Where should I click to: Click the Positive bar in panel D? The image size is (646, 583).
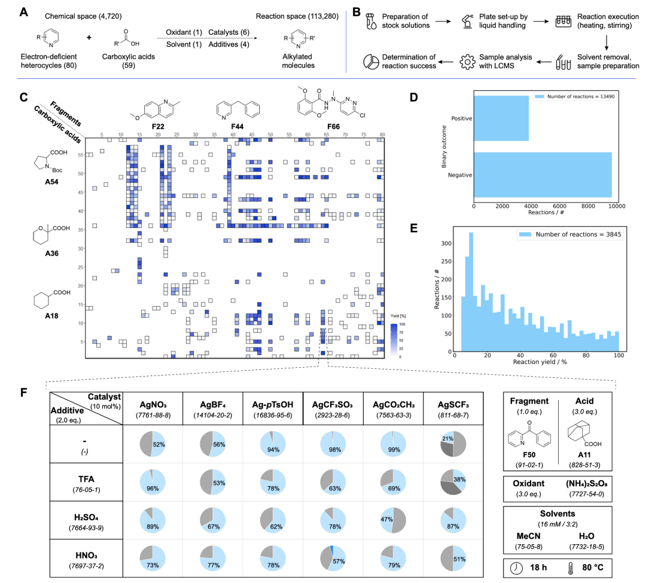(x=501, y=118)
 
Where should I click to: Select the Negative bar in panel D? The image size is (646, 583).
(x=543, y=175)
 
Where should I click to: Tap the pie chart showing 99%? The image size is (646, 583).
(x=393, y=444)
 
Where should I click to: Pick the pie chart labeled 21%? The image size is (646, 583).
(x=453, y=444)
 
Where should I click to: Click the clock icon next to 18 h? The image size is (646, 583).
(x=516, y=569)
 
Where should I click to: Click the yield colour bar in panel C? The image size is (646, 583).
(x=392, y=340)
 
